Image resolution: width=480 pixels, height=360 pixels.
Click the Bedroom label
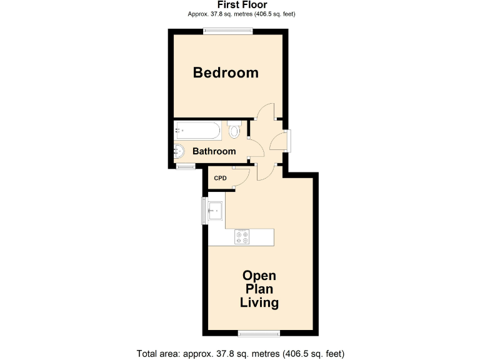pos(226,72)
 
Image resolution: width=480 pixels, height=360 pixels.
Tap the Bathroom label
pos(214,151)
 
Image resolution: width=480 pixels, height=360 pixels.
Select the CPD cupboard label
pos(220,178)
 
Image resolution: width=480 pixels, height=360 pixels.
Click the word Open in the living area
pos(259,276)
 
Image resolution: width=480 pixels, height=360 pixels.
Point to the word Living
pos(259,303)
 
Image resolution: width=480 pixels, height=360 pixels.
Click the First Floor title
pos(241,5)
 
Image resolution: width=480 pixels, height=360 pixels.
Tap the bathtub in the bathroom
pos(197,131)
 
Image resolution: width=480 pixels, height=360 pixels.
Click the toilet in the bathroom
pos(234,130)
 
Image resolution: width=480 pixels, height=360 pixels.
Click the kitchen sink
pos(216,211)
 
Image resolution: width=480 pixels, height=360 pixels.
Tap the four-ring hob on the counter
pos(242,237)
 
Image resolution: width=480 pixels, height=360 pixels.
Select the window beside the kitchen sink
pos(204,211)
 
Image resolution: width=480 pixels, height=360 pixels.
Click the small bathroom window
pos(186,167)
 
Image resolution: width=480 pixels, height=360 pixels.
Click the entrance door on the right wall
pos(287,140)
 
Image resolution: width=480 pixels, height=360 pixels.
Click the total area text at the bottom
pos(241,353)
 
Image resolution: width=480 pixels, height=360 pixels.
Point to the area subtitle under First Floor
pos(241,14)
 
